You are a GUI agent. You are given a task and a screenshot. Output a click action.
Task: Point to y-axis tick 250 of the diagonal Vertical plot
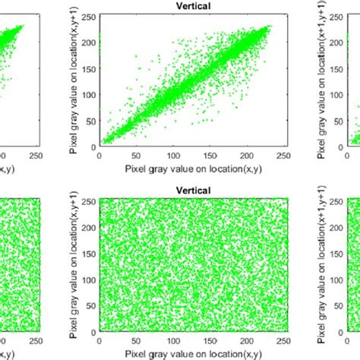pos(89,15)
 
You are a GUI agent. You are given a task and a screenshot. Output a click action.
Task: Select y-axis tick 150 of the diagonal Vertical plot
pos(89,68)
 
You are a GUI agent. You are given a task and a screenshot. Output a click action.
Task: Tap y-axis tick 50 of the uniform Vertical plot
pos(90,305)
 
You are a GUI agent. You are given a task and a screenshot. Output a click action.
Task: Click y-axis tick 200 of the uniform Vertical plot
pos(89,226)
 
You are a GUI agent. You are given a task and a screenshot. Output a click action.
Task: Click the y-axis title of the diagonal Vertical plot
pos(74,81)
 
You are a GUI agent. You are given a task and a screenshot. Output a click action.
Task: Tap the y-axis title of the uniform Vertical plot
pos(74,266)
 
